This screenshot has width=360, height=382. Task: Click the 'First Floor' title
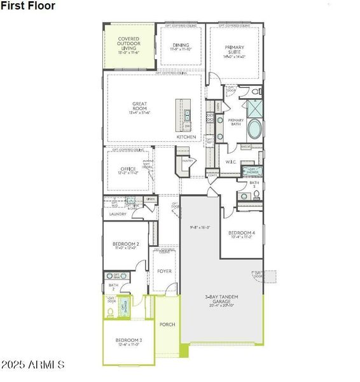[27, 6]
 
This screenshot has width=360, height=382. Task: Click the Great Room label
[140, 106]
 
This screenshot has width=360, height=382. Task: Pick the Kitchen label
[186, 137]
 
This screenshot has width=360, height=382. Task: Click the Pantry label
[188, 161]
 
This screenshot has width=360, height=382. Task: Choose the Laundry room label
[118, 215]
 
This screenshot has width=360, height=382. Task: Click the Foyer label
[165, 271]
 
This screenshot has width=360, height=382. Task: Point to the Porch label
[167, 325]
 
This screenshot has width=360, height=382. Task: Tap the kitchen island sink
[188, 115]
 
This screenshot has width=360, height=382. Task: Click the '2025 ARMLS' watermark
[33, 365]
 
